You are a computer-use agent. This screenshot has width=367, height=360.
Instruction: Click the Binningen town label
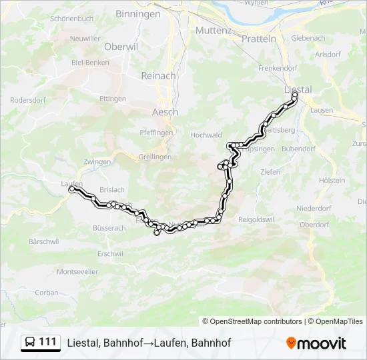[x=138, y=13]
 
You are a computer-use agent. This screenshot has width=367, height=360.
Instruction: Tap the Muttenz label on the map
[x=213, y=31]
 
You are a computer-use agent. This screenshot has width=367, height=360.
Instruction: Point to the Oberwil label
[x=121, y=47]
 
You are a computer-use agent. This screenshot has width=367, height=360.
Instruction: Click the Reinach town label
[x=158, y=75]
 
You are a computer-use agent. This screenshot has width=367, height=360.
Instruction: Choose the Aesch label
[x=165, y=112]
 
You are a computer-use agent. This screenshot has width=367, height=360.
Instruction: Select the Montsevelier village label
[x=77, y=271]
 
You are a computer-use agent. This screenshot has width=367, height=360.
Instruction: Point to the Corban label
[x=47, y=292]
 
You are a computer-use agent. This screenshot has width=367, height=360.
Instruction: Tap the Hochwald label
[x=206, y=135]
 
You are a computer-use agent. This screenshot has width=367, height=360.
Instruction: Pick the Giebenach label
[x=308, y=38]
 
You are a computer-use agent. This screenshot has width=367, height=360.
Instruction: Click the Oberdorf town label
[x=315, y=225]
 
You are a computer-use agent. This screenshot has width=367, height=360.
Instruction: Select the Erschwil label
[x=110, y=253]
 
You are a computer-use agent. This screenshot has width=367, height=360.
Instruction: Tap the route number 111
[x=48, y=342]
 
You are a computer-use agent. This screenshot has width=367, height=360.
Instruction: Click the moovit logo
[x=316, y=343]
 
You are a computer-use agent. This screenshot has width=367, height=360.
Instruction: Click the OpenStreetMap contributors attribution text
[x=252, y=321]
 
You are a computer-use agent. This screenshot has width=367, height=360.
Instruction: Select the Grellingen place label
[x=155, y=157]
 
